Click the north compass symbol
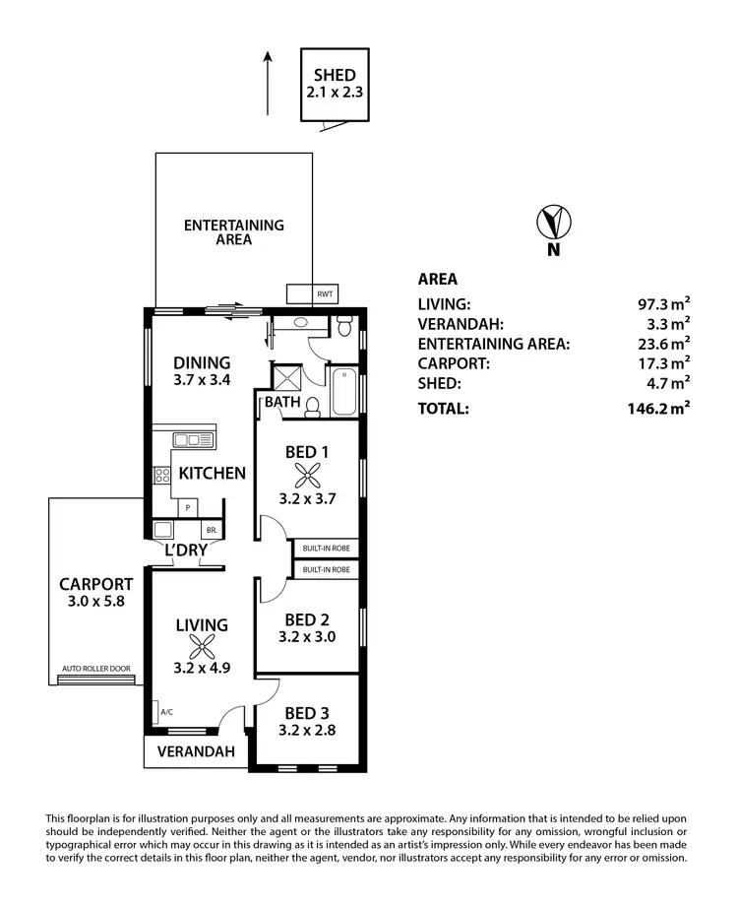coord(554,223)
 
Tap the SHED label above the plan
coord(335,75)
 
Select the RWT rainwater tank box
coord(324,294)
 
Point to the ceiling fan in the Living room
coord(202,647)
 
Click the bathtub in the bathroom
coord(345,392)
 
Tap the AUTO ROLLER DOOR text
coord(95,669)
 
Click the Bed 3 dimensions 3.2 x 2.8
coord(305,731)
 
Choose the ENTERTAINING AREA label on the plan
coord(233,232)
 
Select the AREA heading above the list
coord(438,279)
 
